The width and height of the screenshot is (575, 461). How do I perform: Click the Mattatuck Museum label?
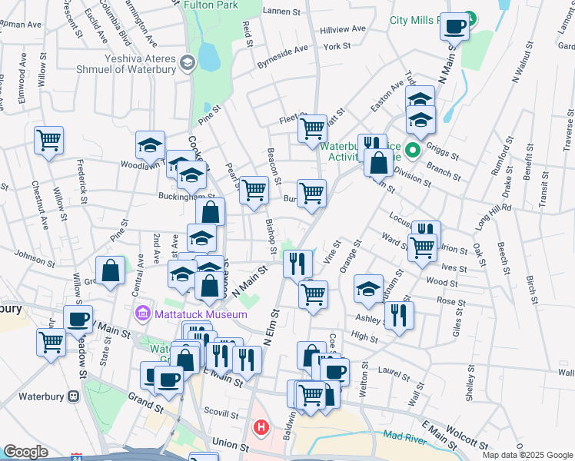(200, 313)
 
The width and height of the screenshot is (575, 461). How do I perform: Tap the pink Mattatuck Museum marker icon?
(141, 313)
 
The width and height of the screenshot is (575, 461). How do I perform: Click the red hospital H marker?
(261, 426)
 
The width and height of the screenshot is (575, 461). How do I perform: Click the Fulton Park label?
(211, 5)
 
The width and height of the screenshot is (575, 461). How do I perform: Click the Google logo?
(25, 452)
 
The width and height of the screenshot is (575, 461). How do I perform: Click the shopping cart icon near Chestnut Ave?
(48, 141)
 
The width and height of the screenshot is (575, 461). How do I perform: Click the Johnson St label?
(36, 257)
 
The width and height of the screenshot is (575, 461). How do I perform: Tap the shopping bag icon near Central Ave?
(111, 270)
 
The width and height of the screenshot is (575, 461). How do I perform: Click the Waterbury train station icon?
(73, 396)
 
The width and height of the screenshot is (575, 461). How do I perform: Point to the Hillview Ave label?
(344, 29)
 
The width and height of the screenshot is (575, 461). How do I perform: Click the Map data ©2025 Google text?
(527, 455)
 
